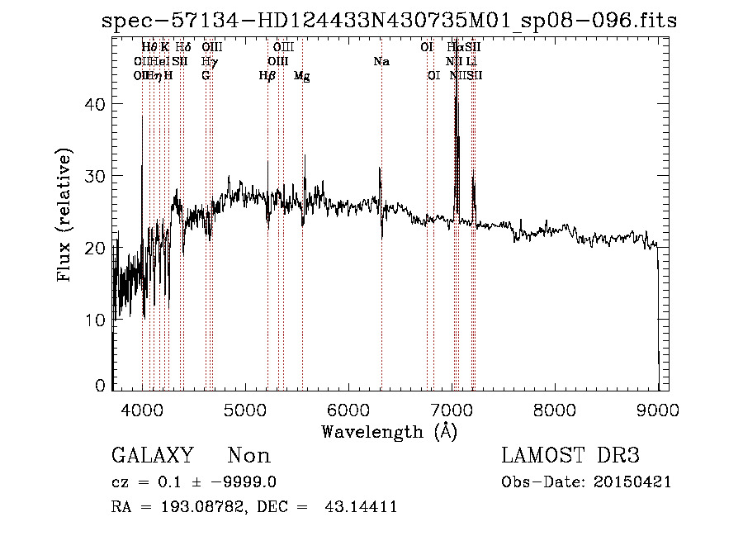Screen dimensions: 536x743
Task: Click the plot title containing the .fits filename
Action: tap(389, 21)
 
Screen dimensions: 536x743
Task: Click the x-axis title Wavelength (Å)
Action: tap(389, 431)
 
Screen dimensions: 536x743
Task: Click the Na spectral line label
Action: tap(381, 61)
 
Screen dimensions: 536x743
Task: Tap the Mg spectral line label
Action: tap(302, 75)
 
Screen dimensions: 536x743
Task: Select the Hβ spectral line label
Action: tap(267, 75)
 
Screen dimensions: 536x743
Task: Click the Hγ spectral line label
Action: tap(210, 61)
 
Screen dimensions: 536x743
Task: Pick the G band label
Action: tap(206, 75)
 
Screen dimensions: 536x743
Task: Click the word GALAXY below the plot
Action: tap(152, 456)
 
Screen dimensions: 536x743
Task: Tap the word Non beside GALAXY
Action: tap(249, 456)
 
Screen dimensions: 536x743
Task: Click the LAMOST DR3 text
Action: tap(570, 456)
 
